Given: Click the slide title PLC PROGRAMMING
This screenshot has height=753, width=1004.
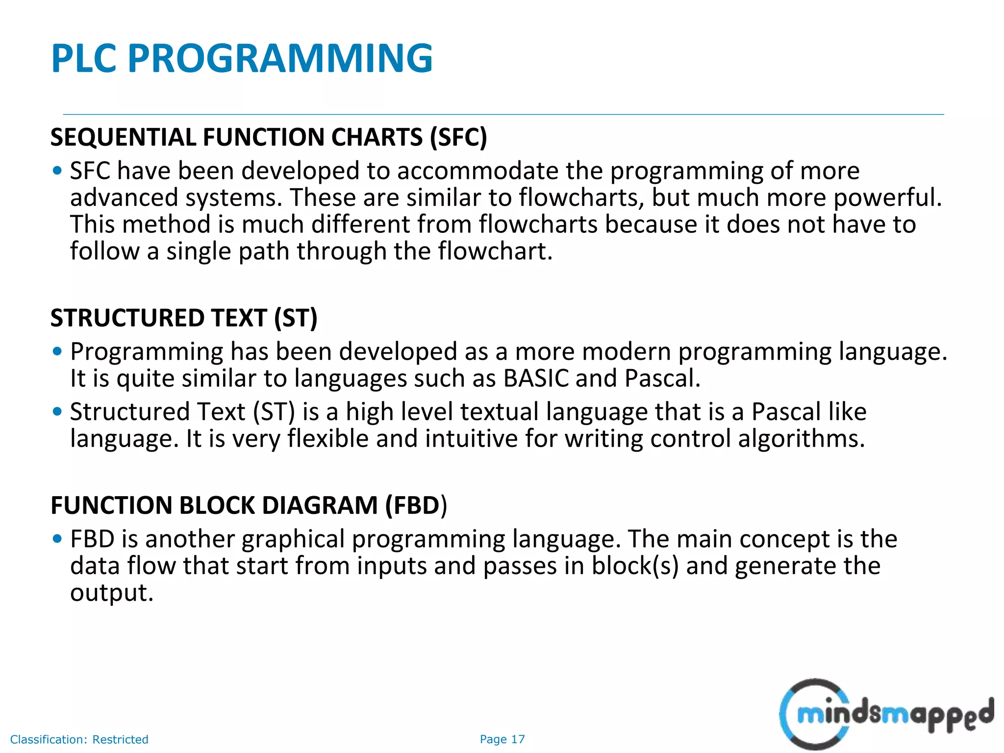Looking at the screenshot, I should [x=242, y=58].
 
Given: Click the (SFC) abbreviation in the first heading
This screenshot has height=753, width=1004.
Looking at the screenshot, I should [x=458, y=137].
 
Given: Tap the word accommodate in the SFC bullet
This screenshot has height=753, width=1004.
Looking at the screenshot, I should [x=477, y=171].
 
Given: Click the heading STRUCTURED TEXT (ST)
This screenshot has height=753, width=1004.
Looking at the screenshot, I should [x=184, y=318].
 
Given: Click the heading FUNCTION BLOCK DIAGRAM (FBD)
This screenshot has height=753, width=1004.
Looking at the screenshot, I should [x=249, y=505].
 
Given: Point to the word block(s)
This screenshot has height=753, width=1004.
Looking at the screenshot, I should [x=634, y=566].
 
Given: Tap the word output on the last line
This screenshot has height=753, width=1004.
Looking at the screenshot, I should [x=111, y=593].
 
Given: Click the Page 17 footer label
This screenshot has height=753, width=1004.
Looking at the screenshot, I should [x=502, y=739].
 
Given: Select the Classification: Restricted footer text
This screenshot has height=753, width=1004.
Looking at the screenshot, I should [x=79, y=739].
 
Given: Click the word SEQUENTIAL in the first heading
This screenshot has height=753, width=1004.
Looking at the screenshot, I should [x=123, y=137].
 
